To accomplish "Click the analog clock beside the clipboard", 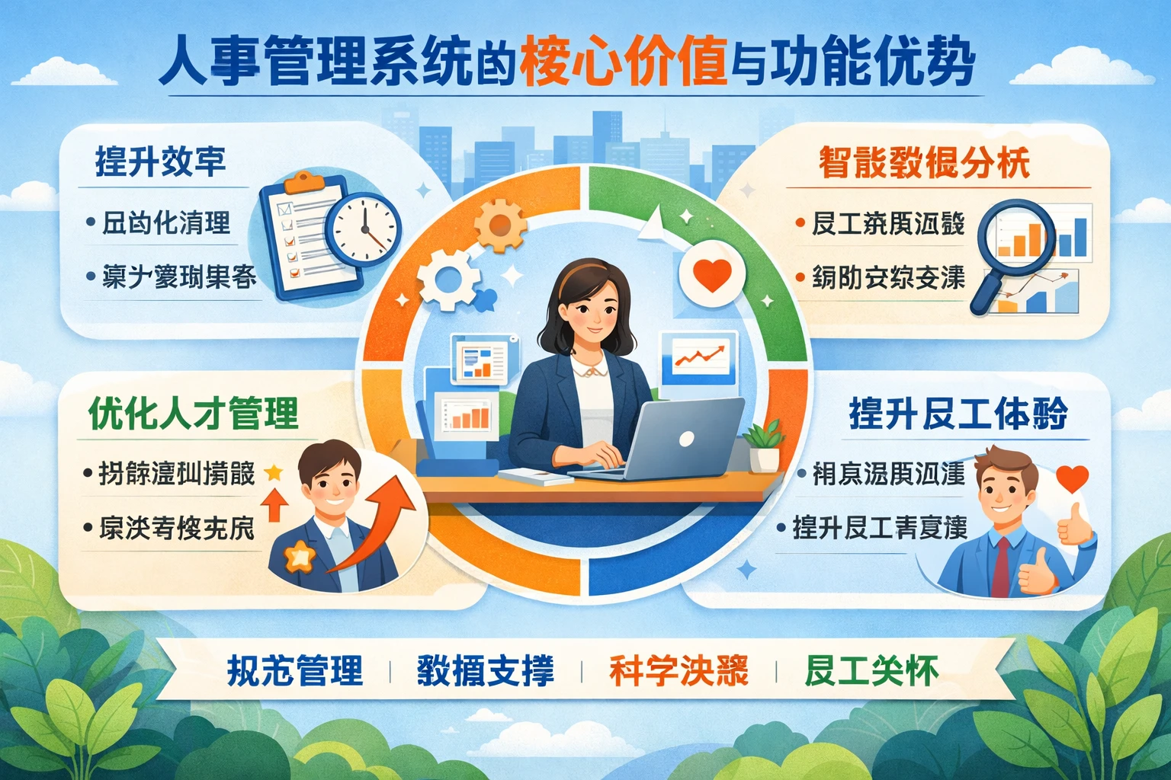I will [x=364, y=228].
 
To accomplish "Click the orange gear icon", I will [x=499, y=225].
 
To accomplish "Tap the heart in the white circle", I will [x=712, y=276].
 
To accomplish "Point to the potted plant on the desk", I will [x=764, y=446].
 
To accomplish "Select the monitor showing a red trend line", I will [x=699, y=358].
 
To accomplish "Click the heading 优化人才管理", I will [x=194, y=414].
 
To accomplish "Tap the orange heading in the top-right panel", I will [x=924, y=162].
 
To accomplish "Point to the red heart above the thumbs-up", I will [x=1073, y=478].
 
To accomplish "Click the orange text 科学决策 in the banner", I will [x=679, y=671].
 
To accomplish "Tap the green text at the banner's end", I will [x=871, y=671].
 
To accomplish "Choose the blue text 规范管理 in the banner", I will [x=294, y=671].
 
